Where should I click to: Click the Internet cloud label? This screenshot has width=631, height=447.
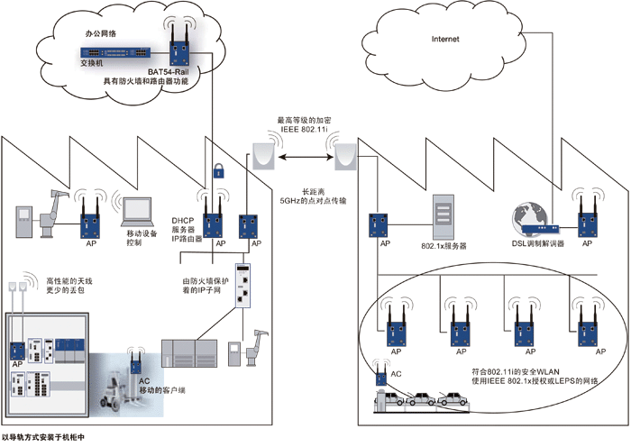(446, 39)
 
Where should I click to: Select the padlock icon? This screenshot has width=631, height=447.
(217, 168)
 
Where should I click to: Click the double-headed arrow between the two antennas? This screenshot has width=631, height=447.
(304, 158)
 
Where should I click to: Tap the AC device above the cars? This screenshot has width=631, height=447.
(382, 370)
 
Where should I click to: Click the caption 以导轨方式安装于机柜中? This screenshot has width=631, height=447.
(49, 438)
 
